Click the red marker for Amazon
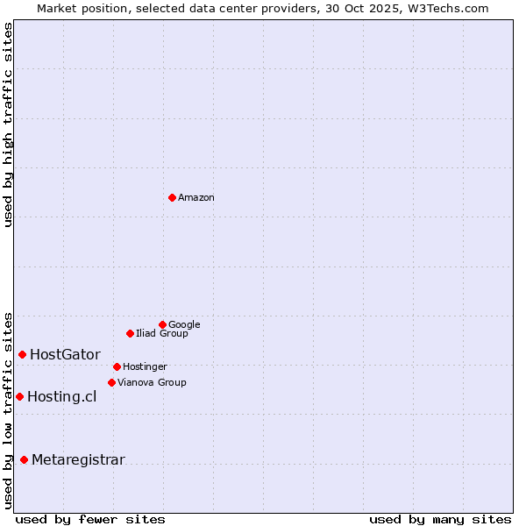(x=172, y=197)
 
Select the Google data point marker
(x=162, y=324)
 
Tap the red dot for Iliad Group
(x=130, y=333)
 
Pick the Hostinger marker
(x=117, y=366)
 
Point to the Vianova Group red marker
(x=111, y=382)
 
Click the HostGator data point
(x=22, y=354)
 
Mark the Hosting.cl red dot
(x=19, y=396)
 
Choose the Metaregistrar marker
(x=24, y=459)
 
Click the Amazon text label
(x=196, y=198)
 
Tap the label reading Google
(x=184, y=325)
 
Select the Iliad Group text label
(x=162, y=334)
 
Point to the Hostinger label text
(x=145, y=367)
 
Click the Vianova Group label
(x=152, y=383)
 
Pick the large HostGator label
(x=65, y=355)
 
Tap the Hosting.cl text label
(x=61, y=397)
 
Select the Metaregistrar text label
(x=78, y=460)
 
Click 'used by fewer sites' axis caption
(x=90, y=519)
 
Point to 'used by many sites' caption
(x=440, y=519)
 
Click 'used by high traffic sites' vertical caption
(x=8, y=124)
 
